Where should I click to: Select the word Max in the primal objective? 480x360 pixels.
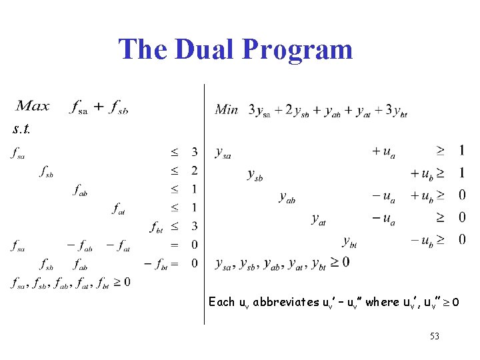coord(33,107)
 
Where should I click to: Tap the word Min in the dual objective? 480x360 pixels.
coord(227,109)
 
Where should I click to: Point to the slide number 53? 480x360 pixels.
coord(434,336)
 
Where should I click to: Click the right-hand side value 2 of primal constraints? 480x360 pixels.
coord(194,171)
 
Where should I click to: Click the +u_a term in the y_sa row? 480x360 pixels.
coord(383,153)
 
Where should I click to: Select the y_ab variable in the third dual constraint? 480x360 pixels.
coord(287,197)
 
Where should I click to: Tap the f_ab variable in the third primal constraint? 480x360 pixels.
coord(81,191)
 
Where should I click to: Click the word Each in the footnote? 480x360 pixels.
coord(221,302)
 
